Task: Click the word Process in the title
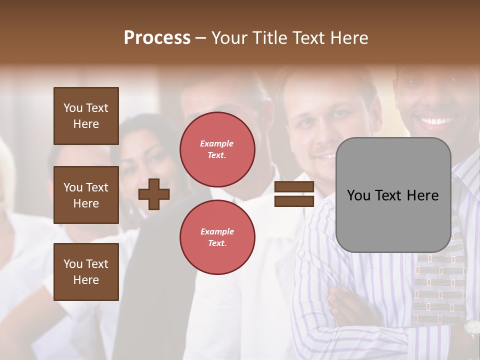coord(157,37)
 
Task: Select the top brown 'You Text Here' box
coord(86,116)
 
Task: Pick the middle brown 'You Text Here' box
coord(86,195)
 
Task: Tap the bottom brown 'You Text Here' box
coord(86,271)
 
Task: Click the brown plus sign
coord(154,194)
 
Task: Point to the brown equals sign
coord(294,194)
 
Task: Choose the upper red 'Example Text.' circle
coord(217,149)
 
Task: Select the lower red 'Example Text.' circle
coord(217,237)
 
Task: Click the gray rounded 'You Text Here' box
coord(393,195)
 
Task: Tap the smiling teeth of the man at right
coord(436,121)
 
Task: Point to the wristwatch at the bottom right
coord(471,327)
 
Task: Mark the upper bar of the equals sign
coord(294,187)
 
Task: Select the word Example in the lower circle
coord(217,231)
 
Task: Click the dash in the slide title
coord(201,37)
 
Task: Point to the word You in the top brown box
coord(73,108)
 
